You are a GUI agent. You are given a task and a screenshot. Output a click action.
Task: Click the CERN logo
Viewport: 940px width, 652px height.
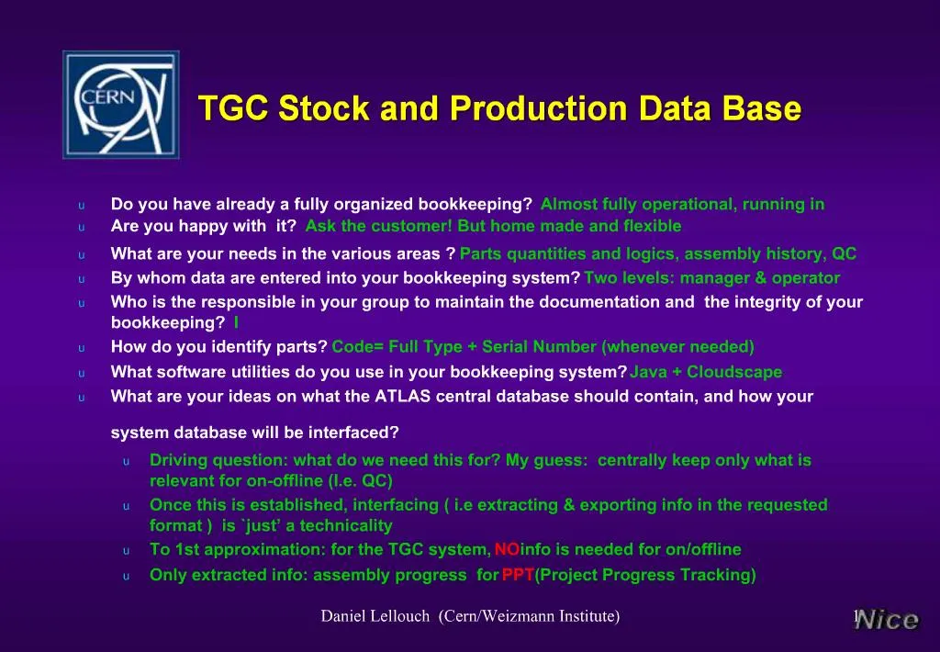(120, 105)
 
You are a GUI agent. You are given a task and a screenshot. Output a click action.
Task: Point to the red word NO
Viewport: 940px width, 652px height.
(507, 549)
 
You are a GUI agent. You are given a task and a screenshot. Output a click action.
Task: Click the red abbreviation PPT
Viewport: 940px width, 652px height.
(518, 575)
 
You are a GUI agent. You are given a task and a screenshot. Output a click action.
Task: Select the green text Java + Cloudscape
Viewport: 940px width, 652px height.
(706, 372)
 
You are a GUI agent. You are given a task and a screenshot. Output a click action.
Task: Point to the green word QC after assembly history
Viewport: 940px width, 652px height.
(844, 254)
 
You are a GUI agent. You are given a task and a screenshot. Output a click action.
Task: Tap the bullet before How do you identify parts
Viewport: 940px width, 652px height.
(81, 347)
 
